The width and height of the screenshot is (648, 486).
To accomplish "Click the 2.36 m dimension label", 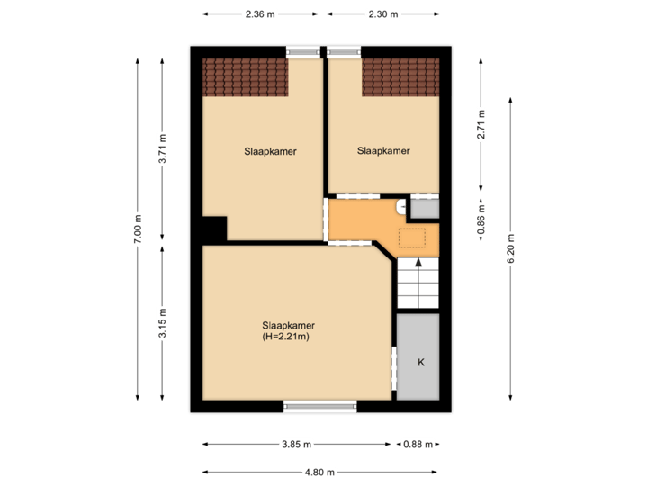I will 259,14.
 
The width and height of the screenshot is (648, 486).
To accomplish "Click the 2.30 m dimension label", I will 382,14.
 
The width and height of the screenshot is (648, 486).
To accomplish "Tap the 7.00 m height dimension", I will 138,229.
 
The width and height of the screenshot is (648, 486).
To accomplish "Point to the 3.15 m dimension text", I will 162,322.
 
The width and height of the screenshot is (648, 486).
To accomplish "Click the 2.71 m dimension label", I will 481,125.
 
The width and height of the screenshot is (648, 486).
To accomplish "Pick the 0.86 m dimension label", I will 481,220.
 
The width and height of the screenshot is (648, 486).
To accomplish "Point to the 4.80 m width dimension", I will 319,472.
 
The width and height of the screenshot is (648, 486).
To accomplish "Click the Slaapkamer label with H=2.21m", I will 288,330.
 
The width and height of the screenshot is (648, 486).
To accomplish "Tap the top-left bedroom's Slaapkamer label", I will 270,151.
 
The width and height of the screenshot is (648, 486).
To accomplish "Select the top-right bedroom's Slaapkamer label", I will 383,151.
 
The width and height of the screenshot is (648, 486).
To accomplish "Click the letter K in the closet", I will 419,362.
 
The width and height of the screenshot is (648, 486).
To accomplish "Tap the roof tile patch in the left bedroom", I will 245,77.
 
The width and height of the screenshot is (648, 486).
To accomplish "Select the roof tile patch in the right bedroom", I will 400,77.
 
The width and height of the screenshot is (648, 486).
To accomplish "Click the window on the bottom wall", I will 320,407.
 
